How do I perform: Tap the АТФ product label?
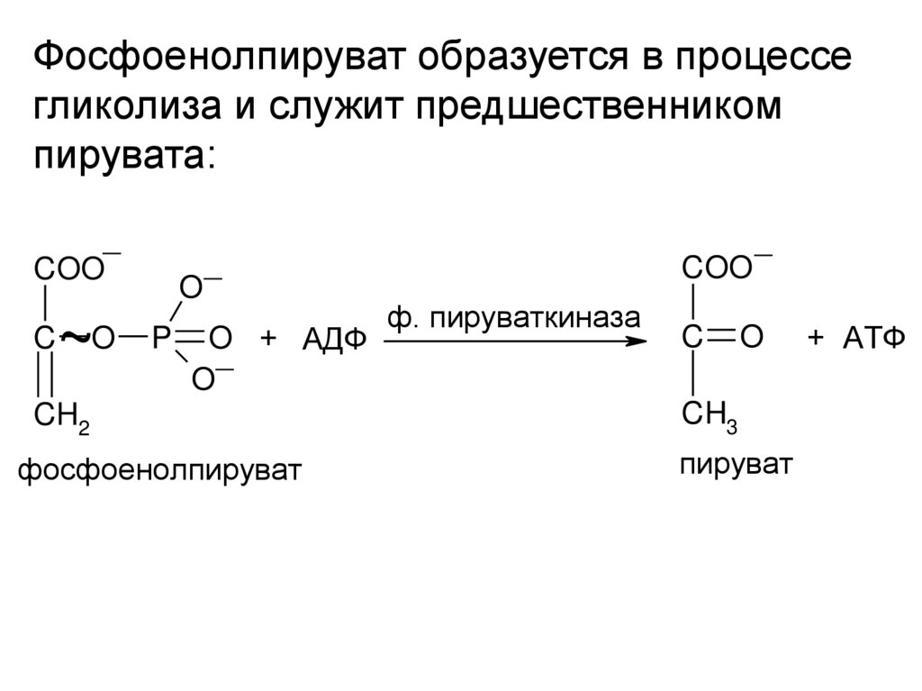click(872, 340)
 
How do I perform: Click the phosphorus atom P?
click(160, 340)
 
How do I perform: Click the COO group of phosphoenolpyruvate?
click(70, 269)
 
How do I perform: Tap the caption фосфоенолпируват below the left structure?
click(158, 469)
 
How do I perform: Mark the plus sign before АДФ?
click(268, 340)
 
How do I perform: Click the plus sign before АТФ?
click(816, 339)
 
